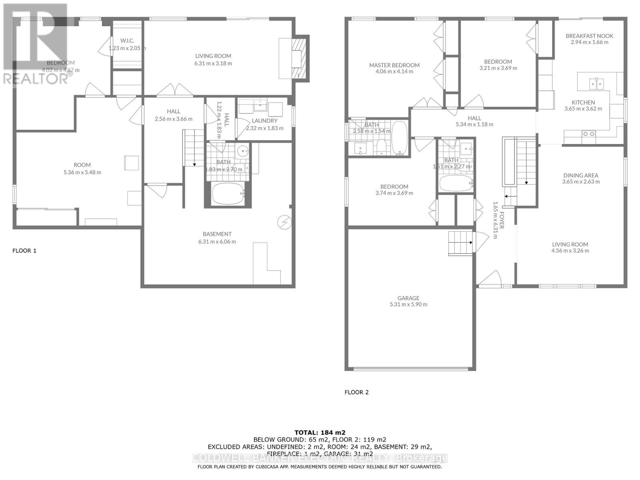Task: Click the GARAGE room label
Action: [408, 298]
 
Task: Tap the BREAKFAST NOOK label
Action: [589, 36]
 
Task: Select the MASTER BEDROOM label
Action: [394, 65]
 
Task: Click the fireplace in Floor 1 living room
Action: [298, 58]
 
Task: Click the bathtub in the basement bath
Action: [228, 194]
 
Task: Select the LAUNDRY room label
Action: [264, 121]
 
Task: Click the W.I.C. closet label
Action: [127, 41]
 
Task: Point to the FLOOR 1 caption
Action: [24, 251]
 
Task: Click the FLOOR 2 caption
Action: [356, 392]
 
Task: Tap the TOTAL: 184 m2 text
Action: [320, 432]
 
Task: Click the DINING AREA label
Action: [581, 175]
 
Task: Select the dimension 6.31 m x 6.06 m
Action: [217, 242]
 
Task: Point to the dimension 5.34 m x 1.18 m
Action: [474, 124]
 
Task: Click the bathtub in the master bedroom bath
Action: [399, 138]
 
